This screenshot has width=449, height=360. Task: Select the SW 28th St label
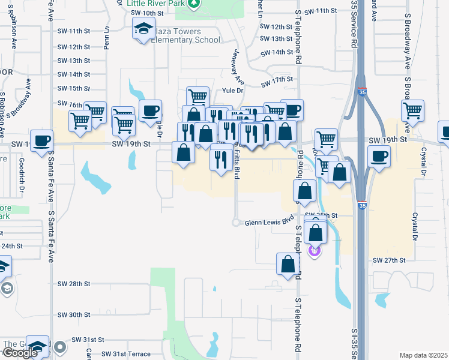pyautogui.click(x=74, y=283)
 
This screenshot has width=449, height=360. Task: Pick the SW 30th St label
pyautogui.click(x=74, y=314)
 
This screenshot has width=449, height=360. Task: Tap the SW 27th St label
pyautogui.click(x=390, y=260)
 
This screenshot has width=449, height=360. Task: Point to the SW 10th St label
pyautogui.click(x=147, y=13)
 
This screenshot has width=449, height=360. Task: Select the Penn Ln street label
pyautogui.click(x=106, y=38)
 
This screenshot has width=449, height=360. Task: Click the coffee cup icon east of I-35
pyautogui.click(x=379, y=157)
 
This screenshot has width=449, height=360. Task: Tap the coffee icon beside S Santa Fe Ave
pyautogui.click(x=41, y=141)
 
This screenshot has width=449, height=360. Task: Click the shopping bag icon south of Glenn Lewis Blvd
pyautogui.click(x=289, y=264)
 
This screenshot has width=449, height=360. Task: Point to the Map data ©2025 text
pyautogui.click(x=423, y=355)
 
